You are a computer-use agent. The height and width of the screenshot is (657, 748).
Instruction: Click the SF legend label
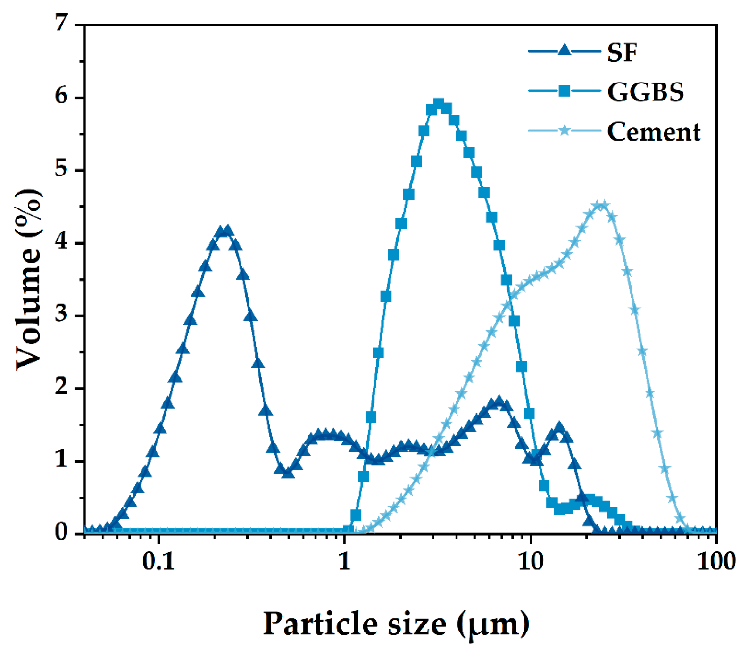(622, 52)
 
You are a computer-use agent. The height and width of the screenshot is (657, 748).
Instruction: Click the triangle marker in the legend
(564, 50)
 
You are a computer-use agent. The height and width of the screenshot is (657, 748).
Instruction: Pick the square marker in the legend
(564, 91)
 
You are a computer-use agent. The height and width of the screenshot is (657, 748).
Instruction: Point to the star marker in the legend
(564, 130)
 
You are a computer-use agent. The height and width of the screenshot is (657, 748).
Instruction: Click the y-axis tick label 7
(62, 23)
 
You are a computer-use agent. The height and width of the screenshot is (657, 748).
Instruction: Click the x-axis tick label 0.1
(158, 561)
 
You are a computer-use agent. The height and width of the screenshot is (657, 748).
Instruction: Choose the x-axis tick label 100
(716, 561)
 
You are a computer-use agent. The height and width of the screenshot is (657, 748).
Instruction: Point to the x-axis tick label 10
(531, 561)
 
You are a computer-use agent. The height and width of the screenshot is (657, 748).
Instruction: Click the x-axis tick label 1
(345, 561)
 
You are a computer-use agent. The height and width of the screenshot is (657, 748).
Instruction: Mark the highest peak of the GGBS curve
(439, 104)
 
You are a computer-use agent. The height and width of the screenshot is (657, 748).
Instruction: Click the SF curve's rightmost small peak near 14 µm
(559, 428)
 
